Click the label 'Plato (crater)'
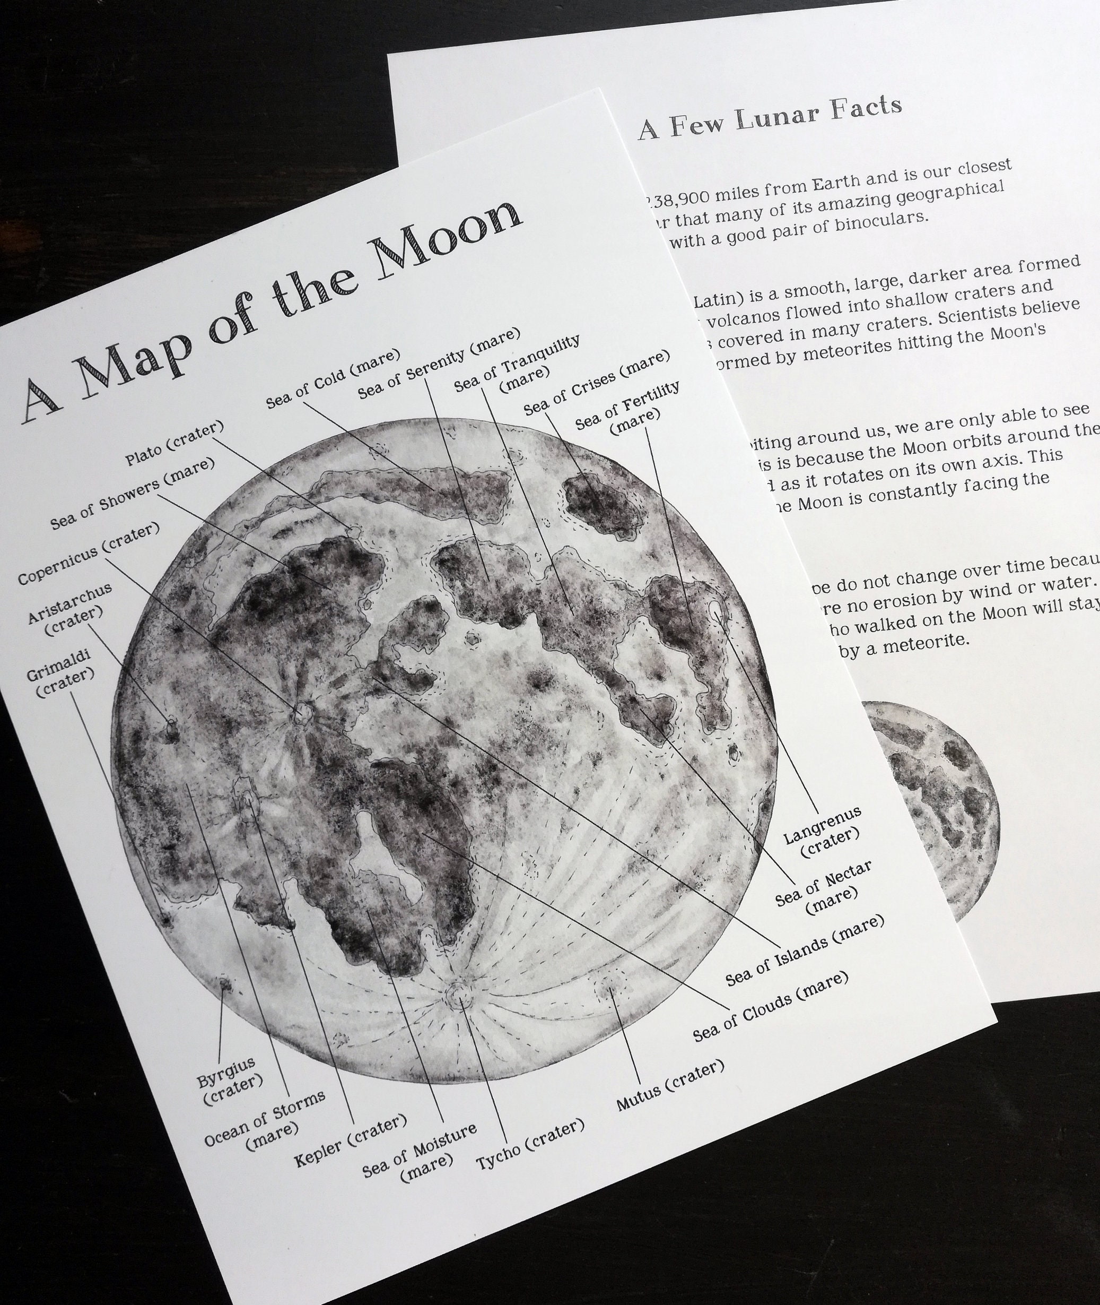tap(174, 444)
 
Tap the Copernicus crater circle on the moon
tap(304, 712)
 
